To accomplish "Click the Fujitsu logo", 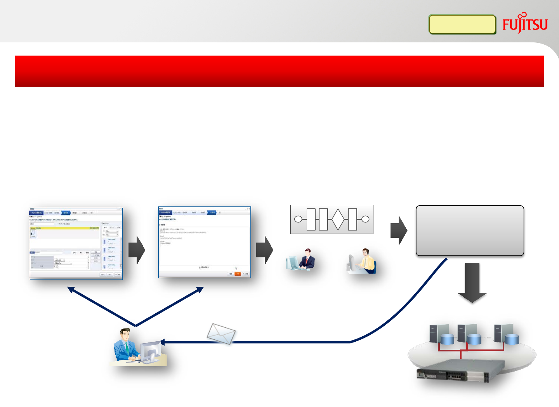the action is click(525, 24).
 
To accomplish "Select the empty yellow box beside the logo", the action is click(462, 24).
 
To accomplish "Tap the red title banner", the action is click(279, 71).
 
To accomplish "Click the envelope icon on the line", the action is click(221, 334).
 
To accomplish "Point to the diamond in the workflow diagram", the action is click(338, 219).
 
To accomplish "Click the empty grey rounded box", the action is click(470, 231).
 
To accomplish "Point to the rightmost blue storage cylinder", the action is click(511, 339).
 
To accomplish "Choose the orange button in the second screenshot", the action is click(238, 274).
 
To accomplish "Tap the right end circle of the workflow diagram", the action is click(365, 219).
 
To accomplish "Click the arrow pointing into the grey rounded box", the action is click(399, 230).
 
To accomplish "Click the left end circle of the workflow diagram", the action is click(298, 219).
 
